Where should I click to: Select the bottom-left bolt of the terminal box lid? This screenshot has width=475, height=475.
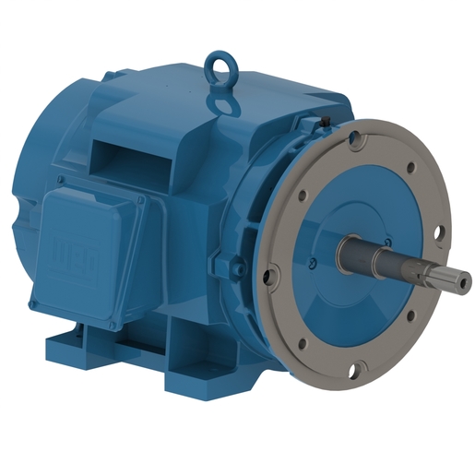(x=35, y=301)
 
